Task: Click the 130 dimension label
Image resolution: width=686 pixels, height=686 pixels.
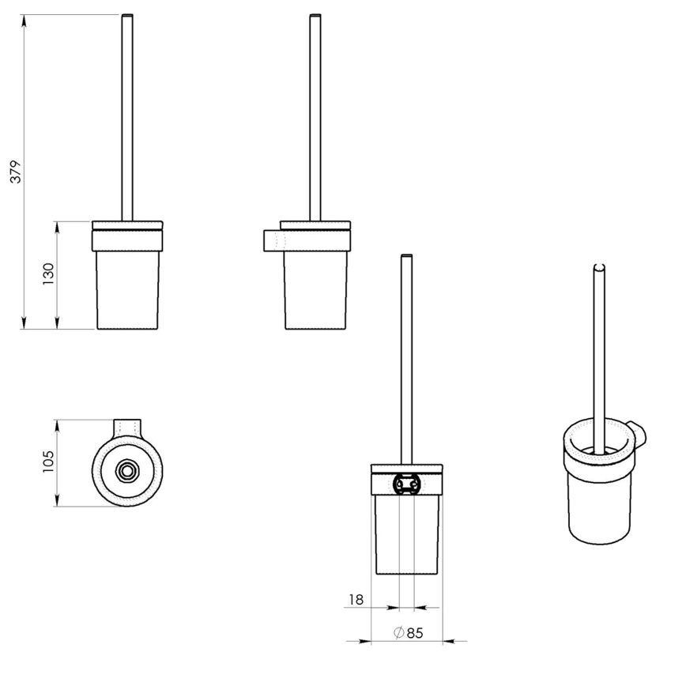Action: click(49, 274)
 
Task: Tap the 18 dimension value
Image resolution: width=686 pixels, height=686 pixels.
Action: click(356, 600)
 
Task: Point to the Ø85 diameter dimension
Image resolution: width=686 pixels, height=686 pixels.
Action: click(407, 632)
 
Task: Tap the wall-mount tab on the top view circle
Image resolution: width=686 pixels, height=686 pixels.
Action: click(126, 427)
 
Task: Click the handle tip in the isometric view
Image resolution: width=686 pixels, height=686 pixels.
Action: click(599, 268)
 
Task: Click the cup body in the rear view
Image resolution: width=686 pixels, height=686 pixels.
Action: click(406, 534)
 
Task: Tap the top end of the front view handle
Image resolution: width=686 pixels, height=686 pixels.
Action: click(127, 17)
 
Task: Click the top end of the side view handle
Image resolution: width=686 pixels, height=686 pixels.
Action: click(315, 17)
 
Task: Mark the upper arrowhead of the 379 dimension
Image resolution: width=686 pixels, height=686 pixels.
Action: click(24, 21)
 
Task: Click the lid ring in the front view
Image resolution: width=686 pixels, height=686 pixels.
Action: click(127, 239)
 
